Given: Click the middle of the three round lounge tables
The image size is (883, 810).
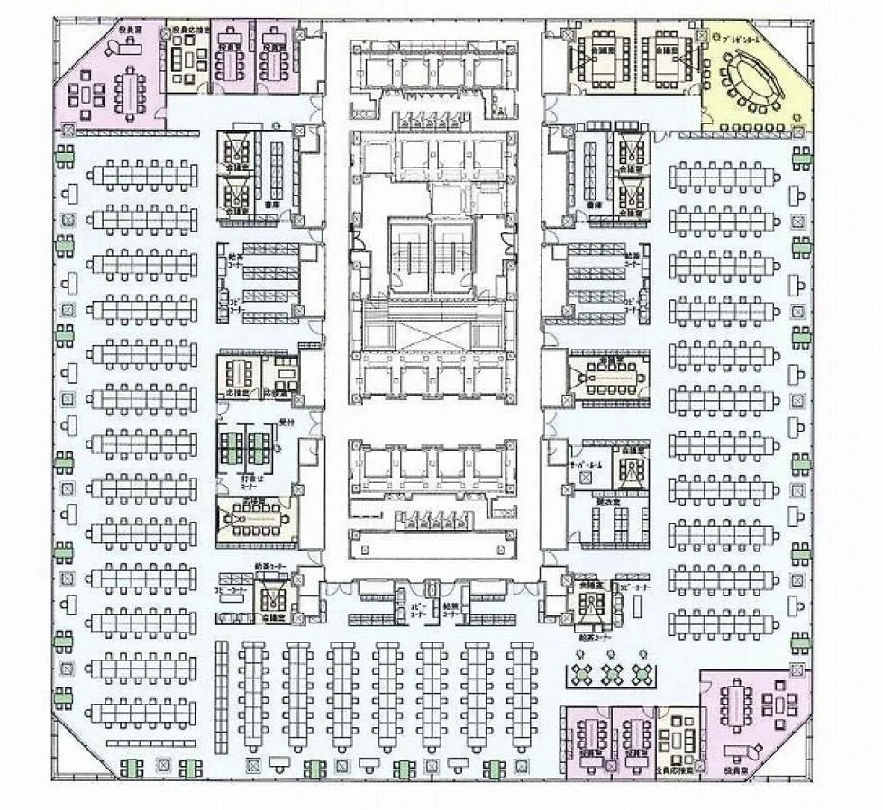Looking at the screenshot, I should click(612, 672).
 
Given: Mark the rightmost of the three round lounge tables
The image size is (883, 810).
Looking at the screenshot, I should click(642, 672).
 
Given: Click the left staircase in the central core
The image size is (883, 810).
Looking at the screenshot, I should click(410, 254).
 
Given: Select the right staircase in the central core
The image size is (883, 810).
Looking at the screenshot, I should click(453, 254).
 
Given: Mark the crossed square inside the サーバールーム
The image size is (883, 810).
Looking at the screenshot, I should click(566, 490).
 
